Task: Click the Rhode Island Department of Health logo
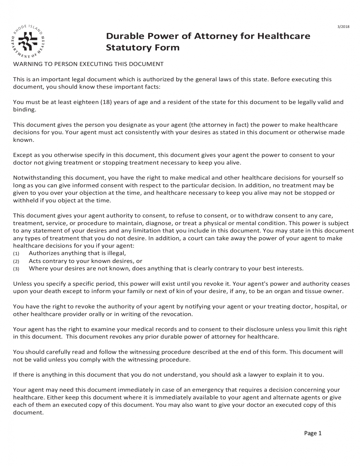pos(28,41)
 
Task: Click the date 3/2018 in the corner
pos(343,26)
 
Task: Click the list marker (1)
pos(16,253)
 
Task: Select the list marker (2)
pos(16,261)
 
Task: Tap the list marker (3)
pos(16,269)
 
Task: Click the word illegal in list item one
pos(116,253)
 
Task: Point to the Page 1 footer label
pos(313,433)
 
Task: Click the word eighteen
pos(83,102)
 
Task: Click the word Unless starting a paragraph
pos(22,284)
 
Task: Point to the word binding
pos(24,110)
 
